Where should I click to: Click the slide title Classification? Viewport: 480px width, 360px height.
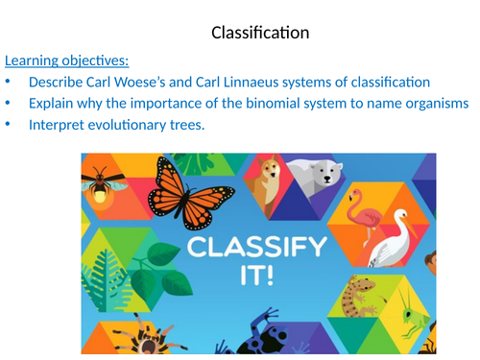click(260, 33)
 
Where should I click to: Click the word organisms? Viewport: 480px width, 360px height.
click(433, 104)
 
